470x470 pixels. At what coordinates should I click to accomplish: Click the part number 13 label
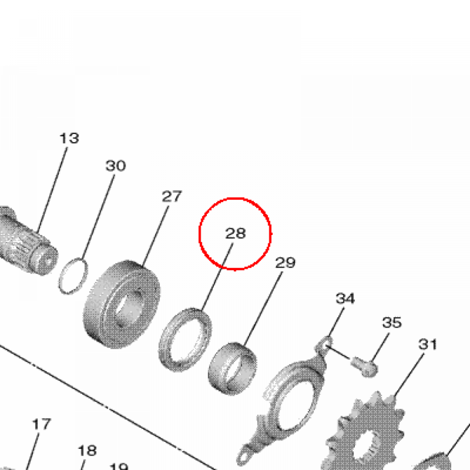click(69, 139)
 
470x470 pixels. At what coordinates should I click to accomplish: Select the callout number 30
click(115, 166)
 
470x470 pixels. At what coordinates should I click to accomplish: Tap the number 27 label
click(172, 196)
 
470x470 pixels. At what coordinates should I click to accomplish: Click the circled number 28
click(235, 233)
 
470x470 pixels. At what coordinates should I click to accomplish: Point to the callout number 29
click(285, 263)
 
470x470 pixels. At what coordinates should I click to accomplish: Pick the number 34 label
click(345, 298)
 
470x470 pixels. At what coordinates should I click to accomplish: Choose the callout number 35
click(392, 323)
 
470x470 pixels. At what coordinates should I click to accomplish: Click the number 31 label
click(428, 344)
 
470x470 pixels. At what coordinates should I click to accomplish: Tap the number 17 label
click(41, 424)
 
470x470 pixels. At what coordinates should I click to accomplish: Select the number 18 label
click(87, 451)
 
